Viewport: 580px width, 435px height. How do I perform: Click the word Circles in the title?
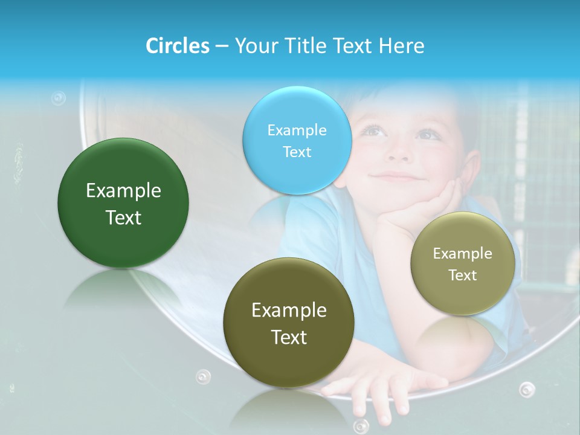(177, 46)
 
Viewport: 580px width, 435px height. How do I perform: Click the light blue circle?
(297, 140)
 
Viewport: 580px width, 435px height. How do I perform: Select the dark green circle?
(123, 203)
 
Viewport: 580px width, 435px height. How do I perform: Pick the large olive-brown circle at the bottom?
(289, 323)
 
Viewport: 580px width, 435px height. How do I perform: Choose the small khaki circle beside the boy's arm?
(463, 263)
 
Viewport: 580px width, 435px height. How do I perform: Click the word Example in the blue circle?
(297, 130)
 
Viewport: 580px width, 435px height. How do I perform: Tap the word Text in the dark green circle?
(123, 217)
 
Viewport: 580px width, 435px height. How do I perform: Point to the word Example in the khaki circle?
(463, 254)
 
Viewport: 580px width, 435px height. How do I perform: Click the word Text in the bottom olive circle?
(289, 337)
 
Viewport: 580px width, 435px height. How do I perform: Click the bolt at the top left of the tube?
(58, 98)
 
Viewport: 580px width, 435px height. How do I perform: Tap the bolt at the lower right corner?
(527, 389)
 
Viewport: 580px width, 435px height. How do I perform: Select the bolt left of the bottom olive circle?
(204, 376)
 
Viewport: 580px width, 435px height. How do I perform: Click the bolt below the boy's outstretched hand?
(361, 425)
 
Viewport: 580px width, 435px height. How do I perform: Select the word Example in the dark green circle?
(123, 191)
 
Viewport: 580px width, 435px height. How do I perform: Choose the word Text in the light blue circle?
(297, 152)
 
